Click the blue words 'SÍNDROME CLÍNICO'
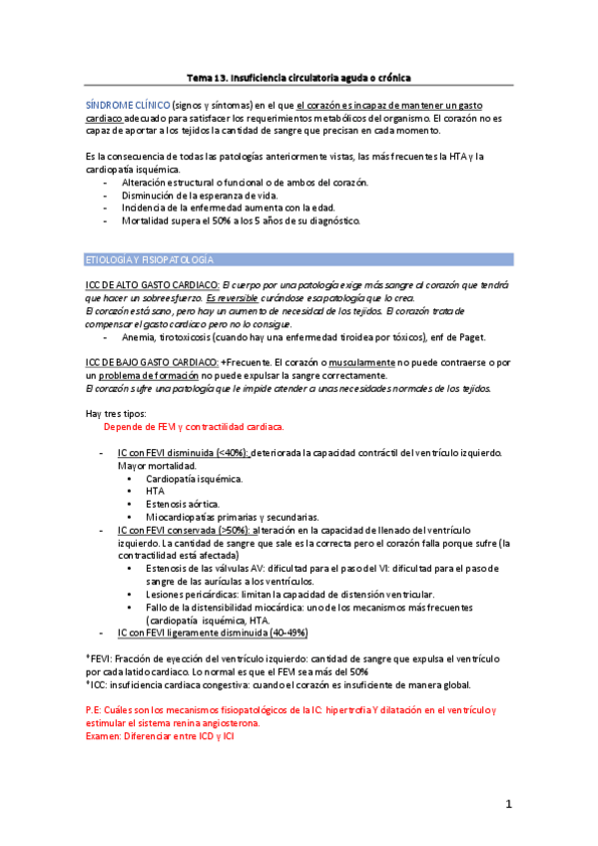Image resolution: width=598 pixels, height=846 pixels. pyautogui.click(x=127, y=105)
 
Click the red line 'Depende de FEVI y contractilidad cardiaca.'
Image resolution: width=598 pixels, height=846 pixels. pyautogui.click(x=195, y=427)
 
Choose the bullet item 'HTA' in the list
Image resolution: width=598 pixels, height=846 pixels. pyautogui.click(x=156, y=492)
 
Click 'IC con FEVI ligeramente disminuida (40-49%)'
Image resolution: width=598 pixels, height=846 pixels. pyautogui.click(x=213, y=633)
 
